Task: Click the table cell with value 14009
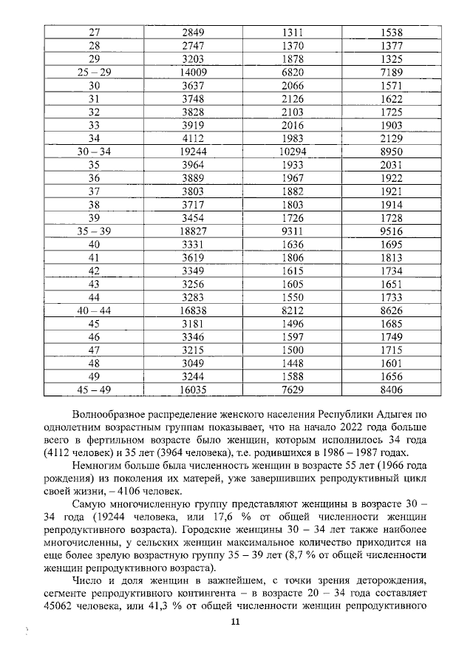pos(197,72)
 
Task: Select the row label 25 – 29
pos(94,72)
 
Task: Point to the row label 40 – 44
pos(94,310)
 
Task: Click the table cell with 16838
pos(197,310)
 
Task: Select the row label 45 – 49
pos(94,390)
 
